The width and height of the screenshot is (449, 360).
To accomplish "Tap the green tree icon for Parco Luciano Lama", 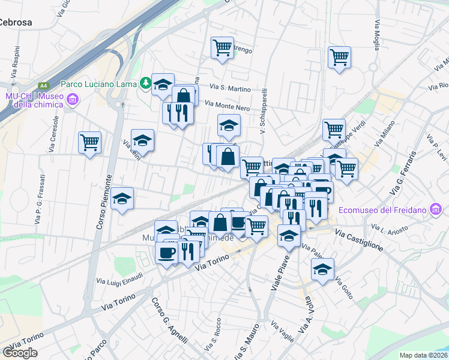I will (x=145, y=82).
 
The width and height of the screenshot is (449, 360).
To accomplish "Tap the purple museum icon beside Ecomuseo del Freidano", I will (x=436, y=209).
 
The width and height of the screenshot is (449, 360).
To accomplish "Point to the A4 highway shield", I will (x=43, y=86).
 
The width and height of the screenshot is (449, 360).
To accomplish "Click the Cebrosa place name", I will (x=16, y=22).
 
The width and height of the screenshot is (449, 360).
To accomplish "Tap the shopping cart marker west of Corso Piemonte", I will (x=90, y=143).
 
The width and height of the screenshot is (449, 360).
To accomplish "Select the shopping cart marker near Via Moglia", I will (x=340, y=58).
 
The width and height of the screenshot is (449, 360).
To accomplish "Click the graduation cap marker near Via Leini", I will (x=143, y=141).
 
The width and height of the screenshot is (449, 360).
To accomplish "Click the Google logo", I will (x=20, y=353).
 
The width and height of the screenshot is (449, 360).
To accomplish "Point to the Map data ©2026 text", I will (x=424, y=355).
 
